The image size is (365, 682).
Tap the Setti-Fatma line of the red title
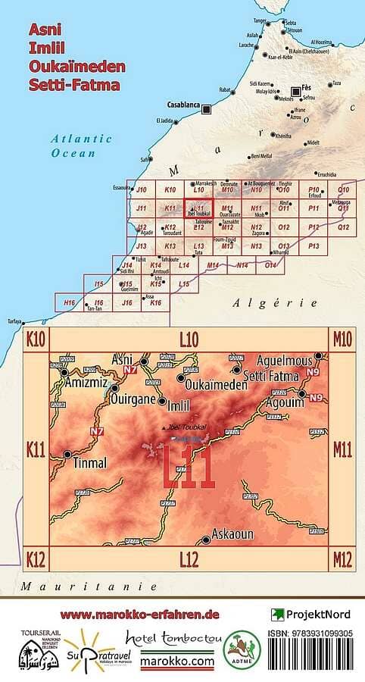[73, 84]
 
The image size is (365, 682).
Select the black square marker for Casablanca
[206, 109]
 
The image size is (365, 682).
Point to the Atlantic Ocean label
[81, 145]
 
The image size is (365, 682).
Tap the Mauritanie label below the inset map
[89, 587]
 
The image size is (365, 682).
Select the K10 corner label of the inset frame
[36, 338]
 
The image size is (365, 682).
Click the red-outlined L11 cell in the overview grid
[199, 209]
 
